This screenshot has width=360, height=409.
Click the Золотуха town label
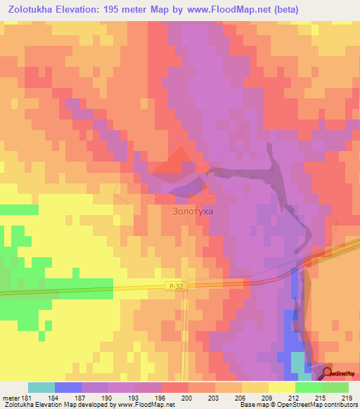click(192, 210)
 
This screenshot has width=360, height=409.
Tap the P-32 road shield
click(176, 285)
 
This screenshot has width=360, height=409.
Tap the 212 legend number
click(283, 398)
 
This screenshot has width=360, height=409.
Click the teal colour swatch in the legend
click(41, 387)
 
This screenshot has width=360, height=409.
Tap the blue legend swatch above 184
click(68, 387)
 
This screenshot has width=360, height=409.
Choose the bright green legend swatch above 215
click(309, 387)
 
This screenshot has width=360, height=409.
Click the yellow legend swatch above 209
click(255, 387)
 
